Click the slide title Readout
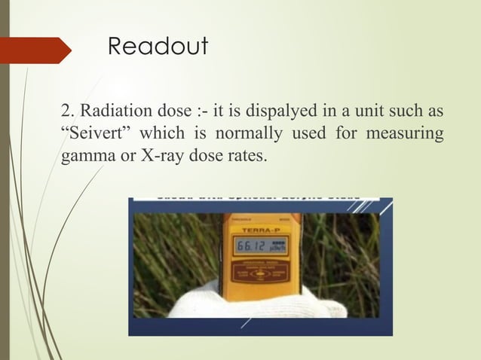point(158,47)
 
